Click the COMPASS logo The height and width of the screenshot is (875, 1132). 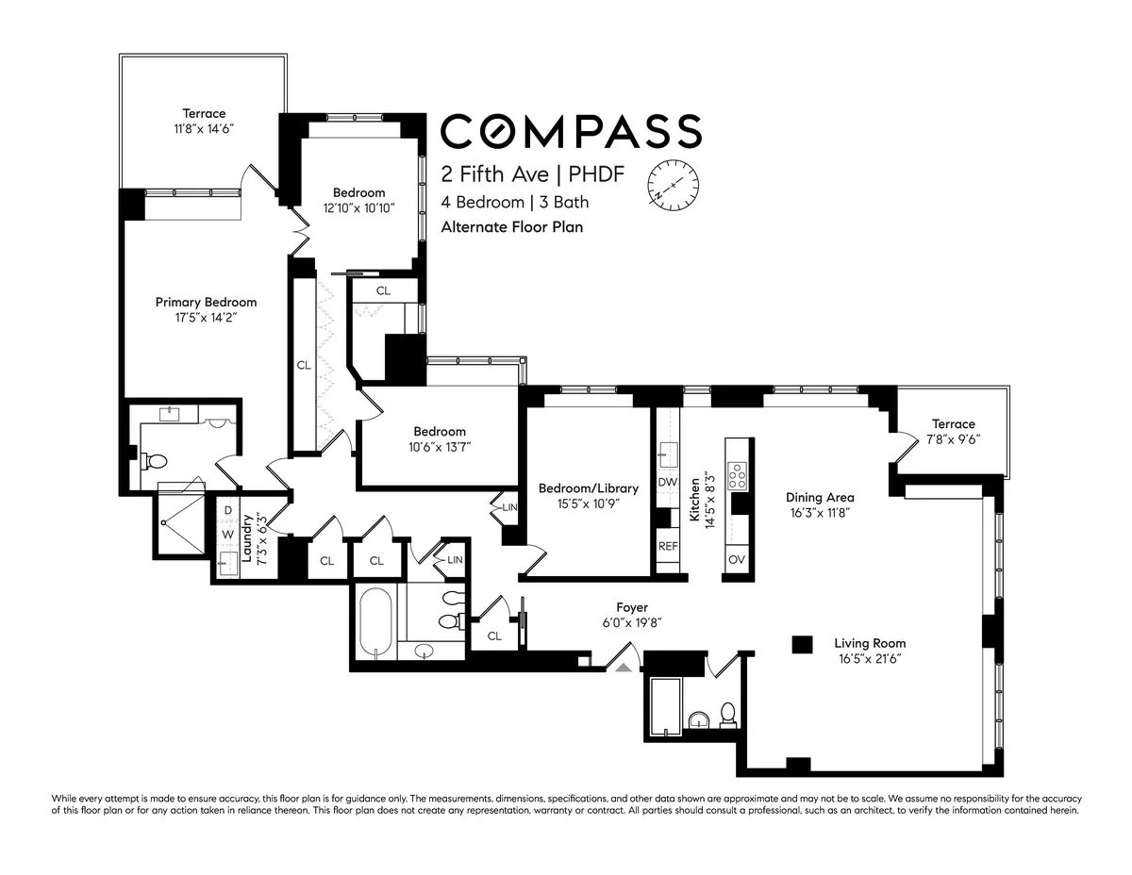[571, 131]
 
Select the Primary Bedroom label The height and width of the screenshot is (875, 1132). [206, 303]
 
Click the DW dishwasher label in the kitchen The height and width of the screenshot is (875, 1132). [667, 482]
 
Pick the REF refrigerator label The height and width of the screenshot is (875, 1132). [667, 546]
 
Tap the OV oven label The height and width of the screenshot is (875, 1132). [736, 560]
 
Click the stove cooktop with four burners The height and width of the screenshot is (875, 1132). [737, 472]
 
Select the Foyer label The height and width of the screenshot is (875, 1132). [631, 608]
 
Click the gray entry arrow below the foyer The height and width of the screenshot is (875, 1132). [624, 668]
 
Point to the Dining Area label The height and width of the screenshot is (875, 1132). [820, 497]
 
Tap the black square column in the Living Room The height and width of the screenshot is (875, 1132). [802, 644]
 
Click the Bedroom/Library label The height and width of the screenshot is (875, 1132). [588, 488]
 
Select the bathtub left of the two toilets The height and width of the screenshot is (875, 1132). [375, 622]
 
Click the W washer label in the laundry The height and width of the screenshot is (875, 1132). [227, 534]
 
